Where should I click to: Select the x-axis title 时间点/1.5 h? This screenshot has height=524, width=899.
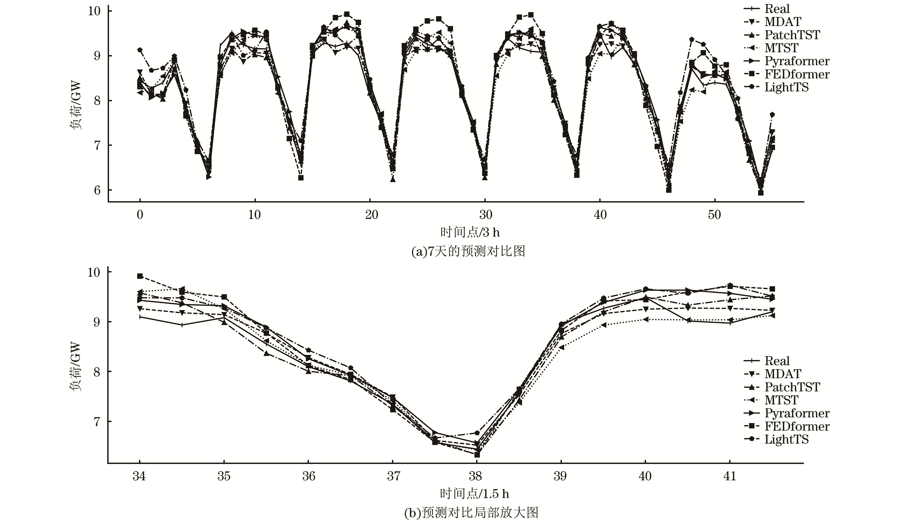(474, 494)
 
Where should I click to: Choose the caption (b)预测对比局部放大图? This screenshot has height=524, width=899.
(471, 513)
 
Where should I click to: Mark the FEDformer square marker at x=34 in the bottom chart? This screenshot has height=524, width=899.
(140, 276)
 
